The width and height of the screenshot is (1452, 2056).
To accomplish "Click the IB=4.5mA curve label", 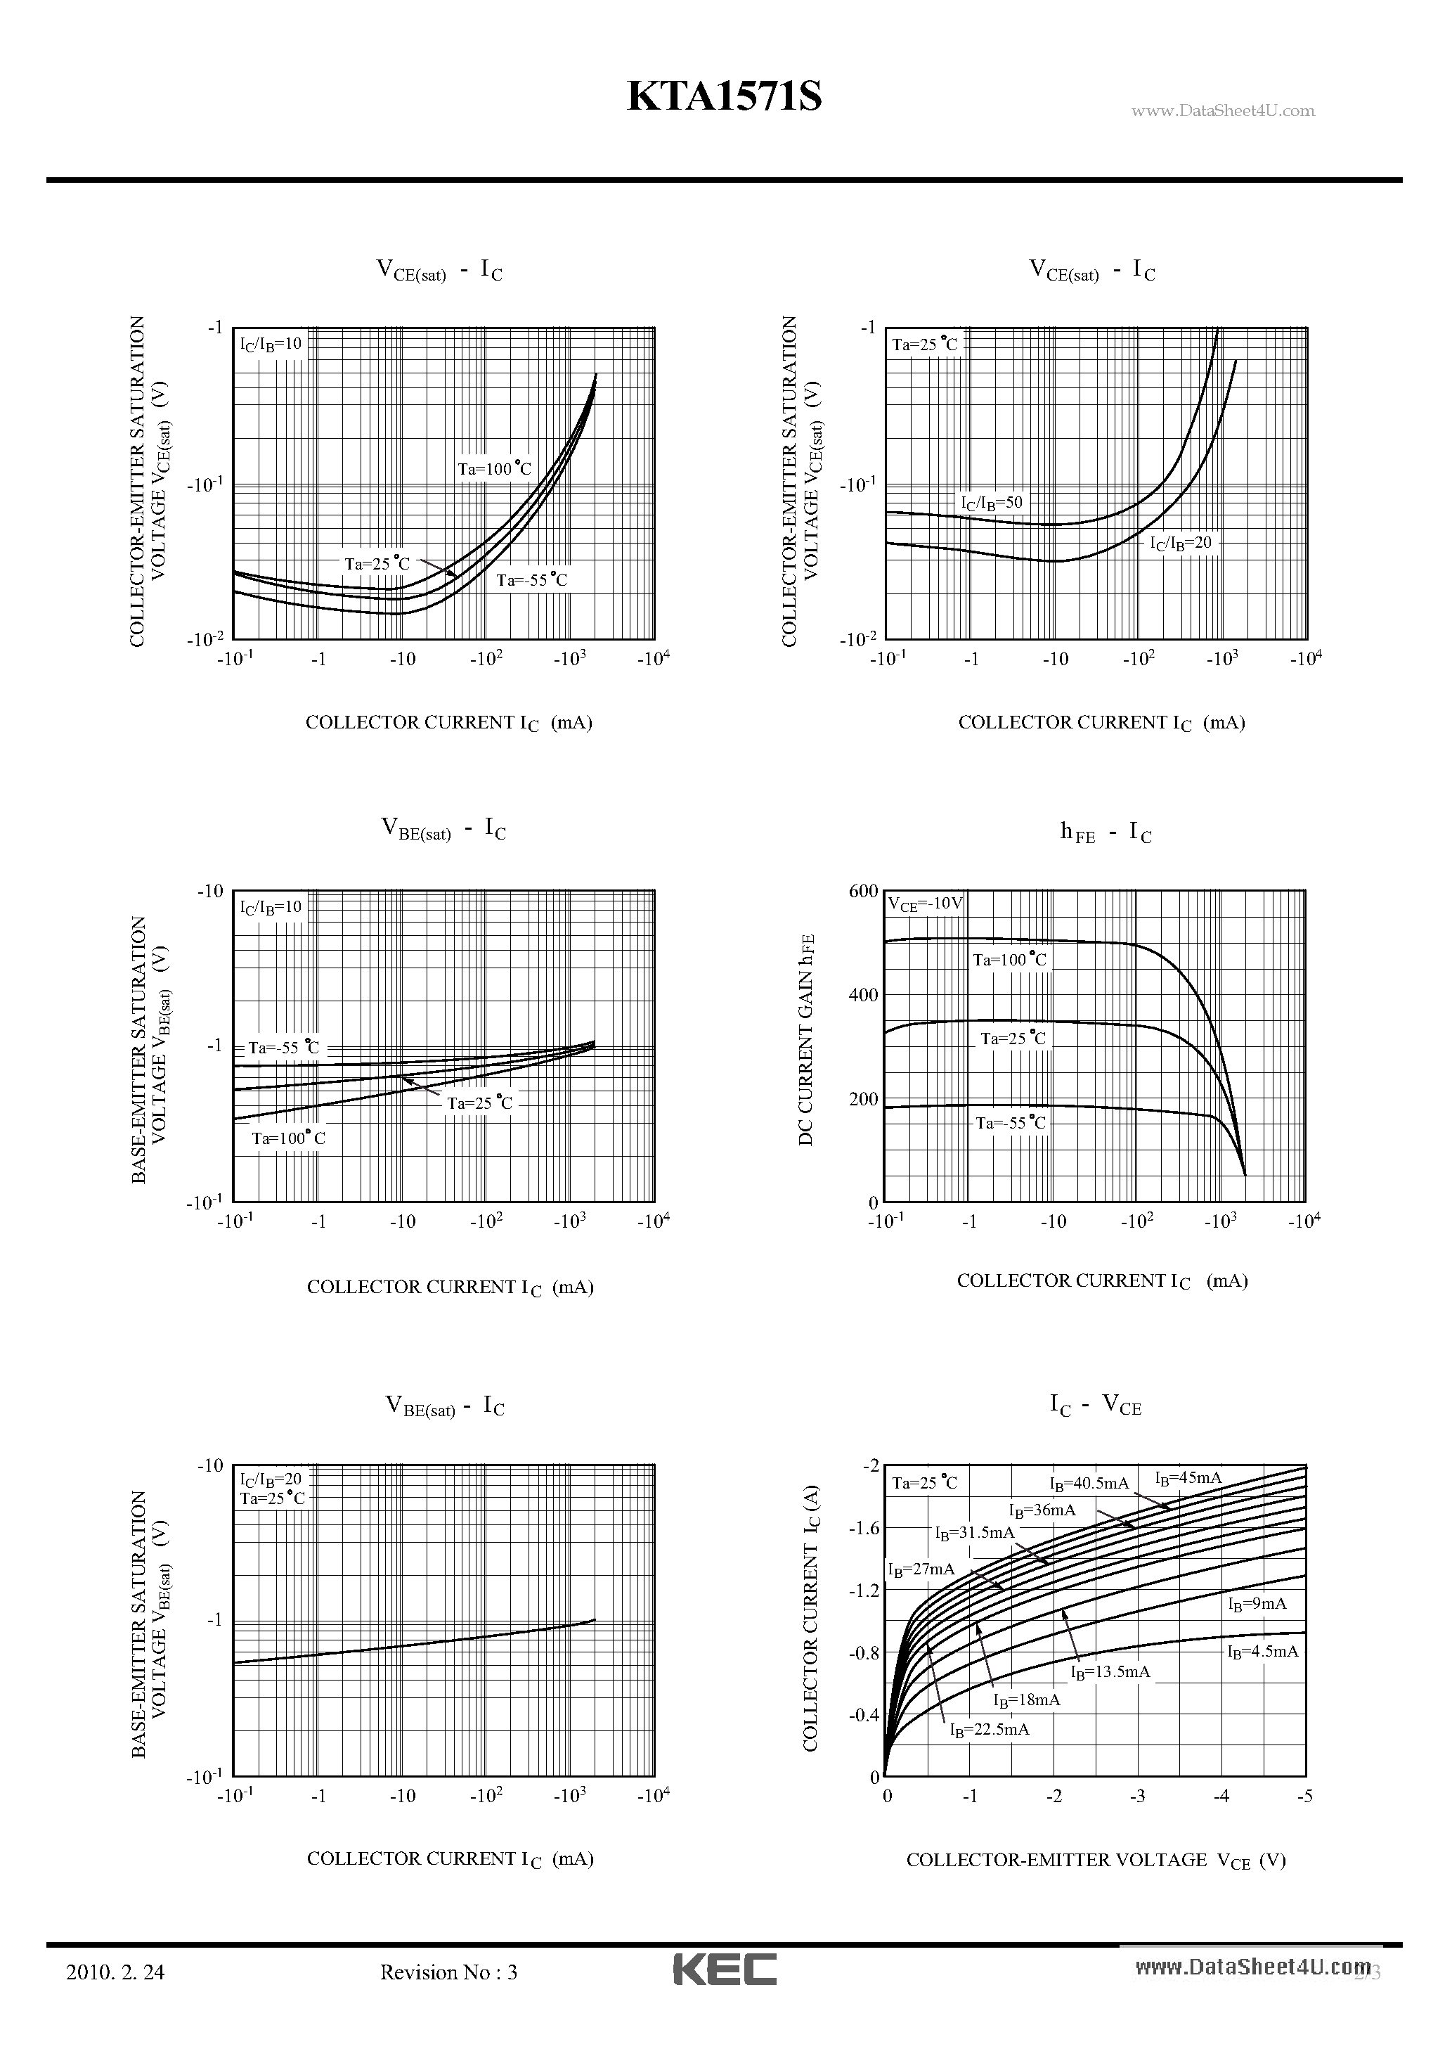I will [x=1262, y=1651].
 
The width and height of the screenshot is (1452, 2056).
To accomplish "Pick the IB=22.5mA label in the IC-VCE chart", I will [x=989, y=1729].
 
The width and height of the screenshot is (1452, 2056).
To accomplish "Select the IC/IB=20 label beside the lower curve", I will [x=1181, y=543].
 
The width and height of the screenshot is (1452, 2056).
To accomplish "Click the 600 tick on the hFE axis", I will [x=864, y=891].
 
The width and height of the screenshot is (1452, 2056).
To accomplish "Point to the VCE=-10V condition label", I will [x=925, y=904].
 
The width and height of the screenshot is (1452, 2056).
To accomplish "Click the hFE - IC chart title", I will [x=1105, y=833].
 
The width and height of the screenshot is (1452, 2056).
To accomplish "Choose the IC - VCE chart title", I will [x=1095, y=1405].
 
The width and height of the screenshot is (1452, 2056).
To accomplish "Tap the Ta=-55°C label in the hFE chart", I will [x=1010, y=1123].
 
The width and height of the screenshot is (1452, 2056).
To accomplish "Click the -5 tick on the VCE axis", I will [x=1304, y=1797].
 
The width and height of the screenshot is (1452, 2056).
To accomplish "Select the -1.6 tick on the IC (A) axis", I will [x=864, y=1528].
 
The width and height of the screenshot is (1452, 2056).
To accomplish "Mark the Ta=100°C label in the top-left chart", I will [x=494, y=468].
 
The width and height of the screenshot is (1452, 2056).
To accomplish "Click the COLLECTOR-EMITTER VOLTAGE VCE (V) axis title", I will [x=1096, y=1860].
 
